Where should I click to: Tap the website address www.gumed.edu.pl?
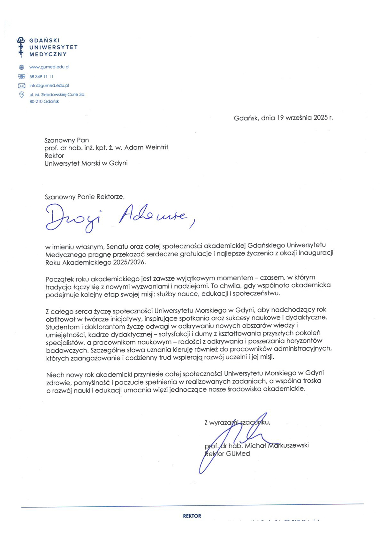pos(49,67)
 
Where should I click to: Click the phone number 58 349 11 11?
pos(41,77)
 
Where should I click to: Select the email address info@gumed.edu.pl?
pos(49,86)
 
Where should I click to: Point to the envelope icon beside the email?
pos(21,86)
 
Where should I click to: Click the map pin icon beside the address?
pos(21,95)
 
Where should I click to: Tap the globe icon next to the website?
pos(21,67)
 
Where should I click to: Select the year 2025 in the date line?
pos(320,117)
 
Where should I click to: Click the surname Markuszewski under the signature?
pos(288,445)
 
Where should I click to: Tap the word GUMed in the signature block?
pos(238,454)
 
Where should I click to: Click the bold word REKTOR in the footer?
pos(192,516)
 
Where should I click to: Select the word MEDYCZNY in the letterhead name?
pos(48,54)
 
